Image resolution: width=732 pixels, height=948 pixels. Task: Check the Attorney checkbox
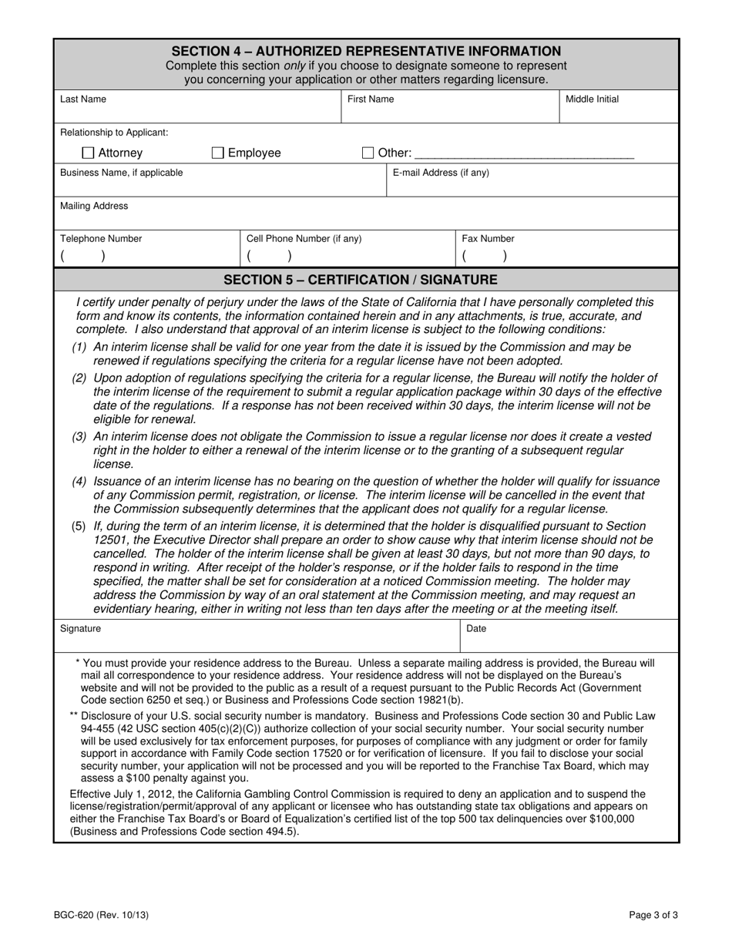click(x=88, y=153)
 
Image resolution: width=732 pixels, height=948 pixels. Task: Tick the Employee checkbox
click(x=218, y=153)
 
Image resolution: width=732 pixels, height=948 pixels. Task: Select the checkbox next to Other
click(x=368, y=153)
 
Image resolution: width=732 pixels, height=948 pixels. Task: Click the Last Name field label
click(x=83, y=99)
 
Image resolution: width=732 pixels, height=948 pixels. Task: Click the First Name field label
click(x=370, y=99)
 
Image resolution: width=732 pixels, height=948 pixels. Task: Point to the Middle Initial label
click(x=592, y=99)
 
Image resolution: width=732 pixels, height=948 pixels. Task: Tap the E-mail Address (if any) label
click(x=441, y=173)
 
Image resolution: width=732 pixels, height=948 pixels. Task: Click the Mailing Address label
click(x=94, y=207)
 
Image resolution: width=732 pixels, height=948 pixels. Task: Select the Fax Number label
click(x=488, y=239)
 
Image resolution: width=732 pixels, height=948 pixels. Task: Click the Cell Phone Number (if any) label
click(x=304, y=239)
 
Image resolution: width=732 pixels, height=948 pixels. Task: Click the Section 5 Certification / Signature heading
click(x=360, y=279)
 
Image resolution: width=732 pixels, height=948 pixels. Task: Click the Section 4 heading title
click(x=366, y=51)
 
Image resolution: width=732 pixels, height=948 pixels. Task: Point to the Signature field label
click(x=80, y=629)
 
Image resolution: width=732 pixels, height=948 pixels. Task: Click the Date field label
click(x=476, y=629)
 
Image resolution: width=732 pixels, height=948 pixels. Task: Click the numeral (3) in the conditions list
click(x=79, y=436)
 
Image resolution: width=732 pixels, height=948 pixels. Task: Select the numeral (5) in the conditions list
click(x=79, y=526)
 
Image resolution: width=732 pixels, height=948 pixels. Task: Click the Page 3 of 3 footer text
click(x=653, y=916)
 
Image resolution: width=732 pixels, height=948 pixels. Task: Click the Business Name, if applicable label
click(x=122, y=173)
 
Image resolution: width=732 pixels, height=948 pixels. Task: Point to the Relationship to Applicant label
click(x=114, y=133)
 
